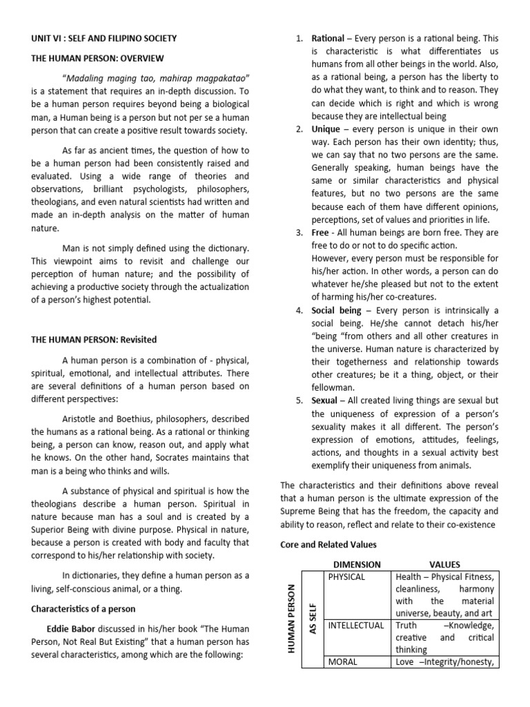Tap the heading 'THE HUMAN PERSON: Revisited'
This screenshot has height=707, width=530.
click(x=93, y=340)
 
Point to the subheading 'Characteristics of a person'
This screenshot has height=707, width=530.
click(x=86, y=608)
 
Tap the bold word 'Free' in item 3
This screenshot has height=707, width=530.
click(x=320, y=233)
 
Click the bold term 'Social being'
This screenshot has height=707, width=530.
click(x=336, y=311)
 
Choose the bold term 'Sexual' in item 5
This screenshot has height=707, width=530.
click(x=324, y=400)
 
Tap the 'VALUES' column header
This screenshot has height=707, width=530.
click(x=444, y=564)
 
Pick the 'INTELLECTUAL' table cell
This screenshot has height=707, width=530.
click(x=355, y=626)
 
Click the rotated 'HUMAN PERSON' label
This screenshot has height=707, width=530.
click(x=291, y=618)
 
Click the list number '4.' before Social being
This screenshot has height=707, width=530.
click(x=300, y=311)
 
